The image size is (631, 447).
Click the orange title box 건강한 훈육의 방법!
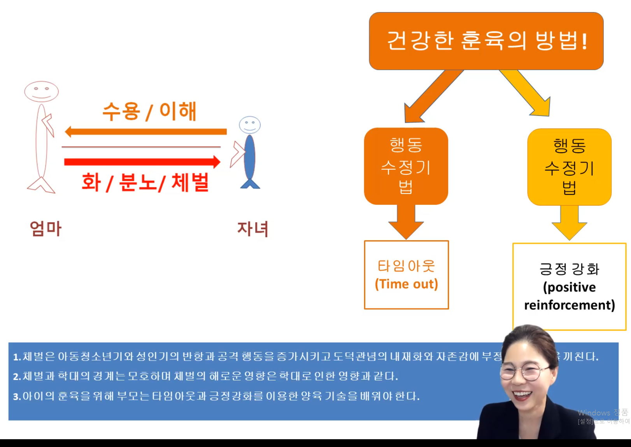(486, 41)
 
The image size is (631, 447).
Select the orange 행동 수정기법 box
(406, 166)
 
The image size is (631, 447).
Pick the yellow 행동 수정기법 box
(569, 167)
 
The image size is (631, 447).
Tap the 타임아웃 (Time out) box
(406, 275)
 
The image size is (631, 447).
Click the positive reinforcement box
(569, 287)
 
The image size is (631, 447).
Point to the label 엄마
(46, 228)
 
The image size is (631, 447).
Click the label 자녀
(253, 229)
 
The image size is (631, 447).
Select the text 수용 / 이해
(149, 111)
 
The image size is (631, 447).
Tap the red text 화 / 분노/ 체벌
(145, 182)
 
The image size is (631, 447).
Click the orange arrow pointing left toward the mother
(145, 132)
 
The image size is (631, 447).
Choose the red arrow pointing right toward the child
(142, 162)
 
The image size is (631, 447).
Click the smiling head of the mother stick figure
(41, 92)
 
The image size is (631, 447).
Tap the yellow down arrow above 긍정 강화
(569, 222)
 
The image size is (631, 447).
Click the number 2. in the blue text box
(17, 377)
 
